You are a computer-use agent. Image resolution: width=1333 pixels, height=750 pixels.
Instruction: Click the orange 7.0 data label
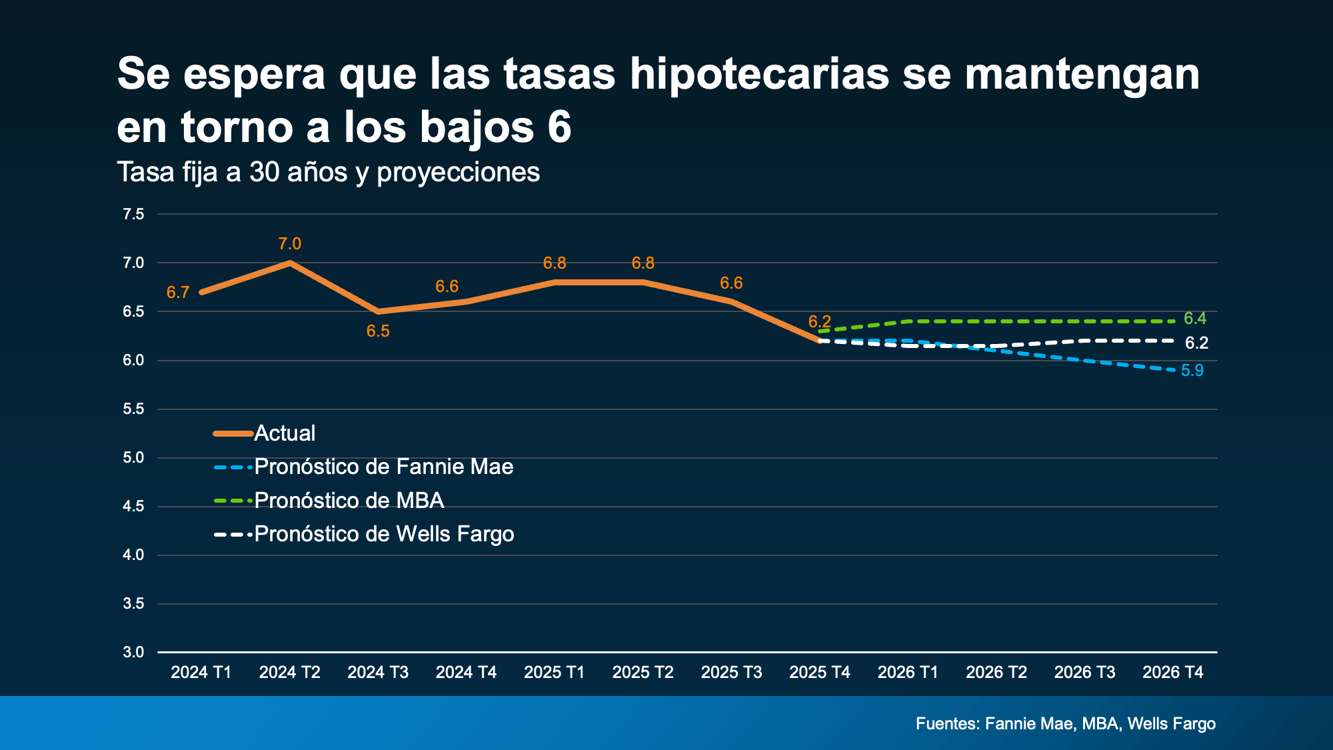[x=290, y=244]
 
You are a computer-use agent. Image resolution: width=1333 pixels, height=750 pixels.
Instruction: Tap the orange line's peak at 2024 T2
[x=290, y=263]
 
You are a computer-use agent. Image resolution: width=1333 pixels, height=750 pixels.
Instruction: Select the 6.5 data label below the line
[x=378, y=331]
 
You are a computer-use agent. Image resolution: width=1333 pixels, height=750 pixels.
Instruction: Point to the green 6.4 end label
[x=1195, y=319]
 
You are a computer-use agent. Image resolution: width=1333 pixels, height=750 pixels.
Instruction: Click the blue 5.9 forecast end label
[x=1192, y=371]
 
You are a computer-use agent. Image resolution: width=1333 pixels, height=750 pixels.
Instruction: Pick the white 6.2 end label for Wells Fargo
[x=1196, y=343]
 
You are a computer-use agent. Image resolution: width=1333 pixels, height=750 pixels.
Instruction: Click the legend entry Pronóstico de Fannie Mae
[x=383, y=467]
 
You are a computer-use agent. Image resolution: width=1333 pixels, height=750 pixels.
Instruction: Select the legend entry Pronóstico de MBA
[x=349, y=501]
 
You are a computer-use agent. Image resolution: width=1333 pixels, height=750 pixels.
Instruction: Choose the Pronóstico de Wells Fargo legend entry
[x=384, y=534]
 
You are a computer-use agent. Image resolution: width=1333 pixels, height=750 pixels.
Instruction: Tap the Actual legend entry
[x=285, y=433]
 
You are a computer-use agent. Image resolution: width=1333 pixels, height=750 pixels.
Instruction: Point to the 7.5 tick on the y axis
[x=133, y=214]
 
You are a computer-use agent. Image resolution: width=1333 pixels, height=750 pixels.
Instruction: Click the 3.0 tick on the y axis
[x=133, y=652]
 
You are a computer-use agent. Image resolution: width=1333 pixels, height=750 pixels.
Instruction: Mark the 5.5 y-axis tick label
[x=133, y=409]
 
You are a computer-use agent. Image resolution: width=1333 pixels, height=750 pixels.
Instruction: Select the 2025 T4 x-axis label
[x=820, y=672]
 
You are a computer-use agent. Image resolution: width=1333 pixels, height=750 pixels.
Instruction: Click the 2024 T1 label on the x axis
[x=201, y=672]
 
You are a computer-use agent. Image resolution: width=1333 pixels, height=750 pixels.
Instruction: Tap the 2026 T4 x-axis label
[x=1173, y=672]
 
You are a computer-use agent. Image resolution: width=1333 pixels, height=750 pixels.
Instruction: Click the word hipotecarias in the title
[x=759, y=74]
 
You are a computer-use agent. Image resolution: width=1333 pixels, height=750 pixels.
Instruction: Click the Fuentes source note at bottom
[x=1065, y=723]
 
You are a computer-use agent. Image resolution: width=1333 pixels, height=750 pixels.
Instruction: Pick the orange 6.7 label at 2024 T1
[x=178, y=293]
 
